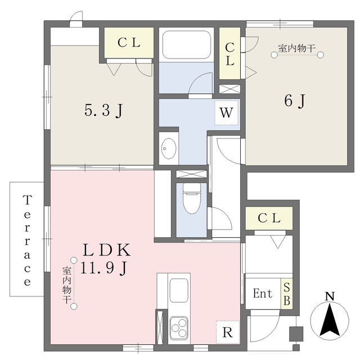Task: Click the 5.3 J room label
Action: pyautogui.click(x=103, y=111)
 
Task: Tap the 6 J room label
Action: pyautogui.click(x=295, y=101)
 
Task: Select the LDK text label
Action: pyautogui.click(x=106, y=250)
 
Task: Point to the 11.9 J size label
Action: pyautogui.click(x=103, y=268)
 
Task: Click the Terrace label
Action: pyautogui.click(x=27, y=240)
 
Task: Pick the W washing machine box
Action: pyautogui.click(x=226, y=112)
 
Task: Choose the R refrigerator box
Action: pyautogui.click(x=228, y=332)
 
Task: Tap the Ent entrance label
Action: pyautogui.click(x=263, y=294)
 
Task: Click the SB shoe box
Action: pyautogui.click(x=287, y=294)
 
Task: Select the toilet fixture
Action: pyautogui.click(x=192, y=199)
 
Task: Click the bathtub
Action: pyautogui.click(x=186, y=44)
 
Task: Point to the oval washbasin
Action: pyautogui.click(x=169, y=148)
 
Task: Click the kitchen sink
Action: pyautogui.click(x=179, y=290)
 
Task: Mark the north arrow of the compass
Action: pyautogui.click(x=330, y=319)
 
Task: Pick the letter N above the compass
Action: pyautogui.click(x=330, y=296)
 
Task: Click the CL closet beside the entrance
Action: pyautogui.click(x=269, y=218)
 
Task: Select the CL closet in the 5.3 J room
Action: pyautogui.click(x=129, y=43)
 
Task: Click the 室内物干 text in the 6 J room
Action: pyautogui.click(x=297, y=48)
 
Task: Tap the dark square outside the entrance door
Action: pyautogui.click(x=296, y=334)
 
